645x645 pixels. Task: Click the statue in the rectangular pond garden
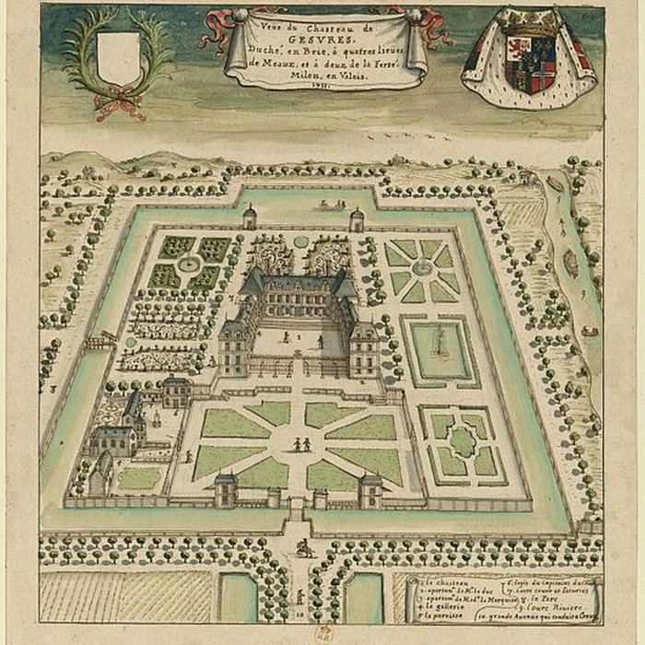(440, 346)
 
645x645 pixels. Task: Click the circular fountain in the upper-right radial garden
(422, 268)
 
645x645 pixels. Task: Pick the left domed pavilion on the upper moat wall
(249, 217)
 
